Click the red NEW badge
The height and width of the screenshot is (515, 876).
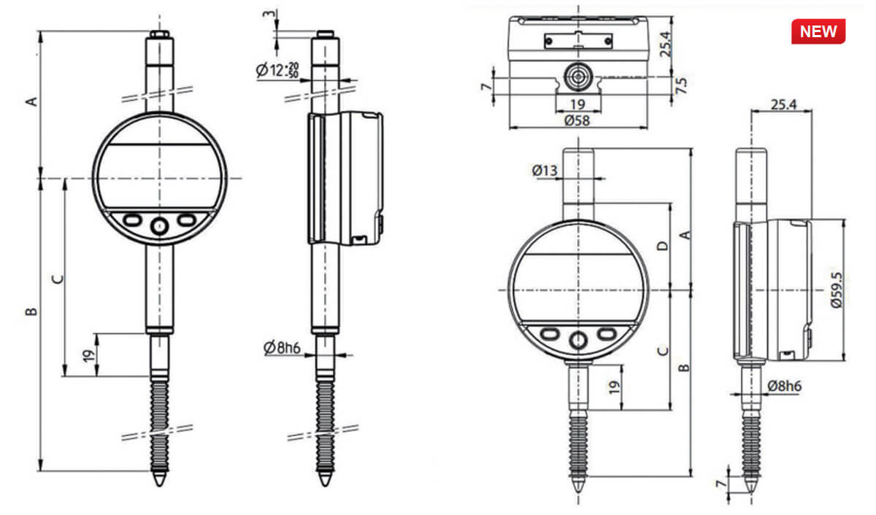(x=818, y=32)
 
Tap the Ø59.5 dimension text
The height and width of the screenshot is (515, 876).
(x=837, y=289)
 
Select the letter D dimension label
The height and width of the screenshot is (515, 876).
(x=662, y=246)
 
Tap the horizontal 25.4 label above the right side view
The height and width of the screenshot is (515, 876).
(x=782, y=105)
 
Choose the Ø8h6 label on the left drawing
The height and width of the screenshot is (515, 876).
(x=283, y=347)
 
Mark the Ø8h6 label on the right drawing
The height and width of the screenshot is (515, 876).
(x=784, y=386)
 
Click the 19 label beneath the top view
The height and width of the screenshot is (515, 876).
(x=577, y=104)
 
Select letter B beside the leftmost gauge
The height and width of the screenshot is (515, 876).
(x=31, y=312)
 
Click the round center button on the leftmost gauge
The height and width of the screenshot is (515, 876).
(x=158, y=226)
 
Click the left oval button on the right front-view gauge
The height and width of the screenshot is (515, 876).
(x=550, y=333)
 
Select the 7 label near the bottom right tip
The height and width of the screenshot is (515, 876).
(x=721, y=484)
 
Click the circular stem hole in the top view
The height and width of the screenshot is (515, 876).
(x=577, y=75)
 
